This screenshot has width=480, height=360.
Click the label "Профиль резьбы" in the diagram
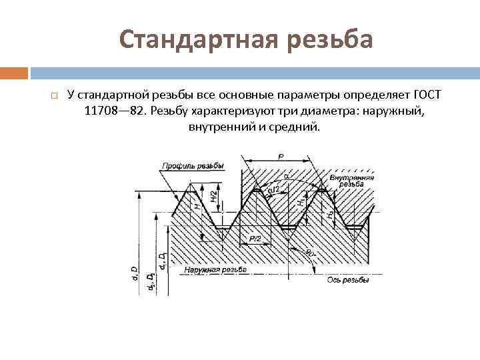pos(192,166)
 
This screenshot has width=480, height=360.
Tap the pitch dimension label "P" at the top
pos(281,157)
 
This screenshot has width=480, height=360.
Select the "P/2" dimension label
pos(254,238)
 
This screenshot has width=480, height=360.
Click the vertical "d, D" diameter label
pos(135,273)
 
